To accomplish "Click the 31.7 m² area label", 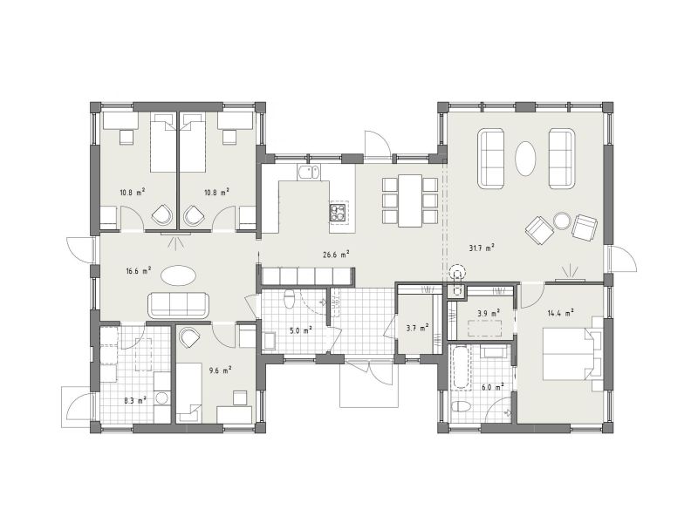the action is [482, 248].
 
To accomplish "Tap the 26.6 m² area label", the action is [336, 255].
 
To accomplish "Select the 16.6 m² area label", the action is [139, 270].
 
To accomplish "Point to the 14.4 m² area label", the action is [560, 313].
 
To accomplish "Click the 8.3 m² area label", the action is [135, 401].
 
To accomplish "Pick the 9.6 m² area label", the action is [220, 370].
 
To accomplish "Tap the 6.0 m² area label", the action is [492, 387].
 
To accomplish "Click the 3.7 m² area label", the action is [418, 328].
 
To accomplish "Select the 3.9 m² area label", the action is [488, 313].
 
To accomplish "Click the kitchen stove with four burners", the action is [338, 213].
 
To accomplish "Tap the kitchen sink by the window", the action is [308, 173].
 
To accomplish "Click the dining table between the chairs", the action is [410, 200].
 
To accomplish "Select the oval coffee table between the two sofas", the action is [525, 160].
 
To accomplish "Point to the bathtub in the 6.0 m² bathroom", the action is [461, 368].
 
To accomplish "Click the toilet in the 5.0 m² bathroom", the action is [290, 299].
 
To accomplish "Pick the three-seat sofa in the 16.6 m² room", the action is [179, 305].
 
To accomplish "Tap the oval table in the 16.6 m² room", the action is [178, 275].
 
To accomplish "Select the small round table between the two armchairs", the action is [562, 221].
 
